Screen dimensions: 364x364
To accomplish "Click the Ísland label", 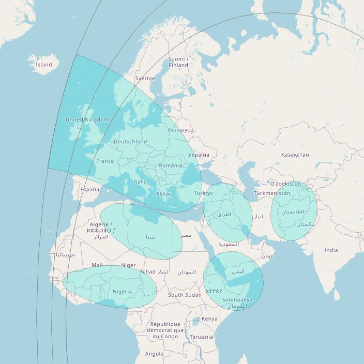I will pyautogui.click(x=44, y=65).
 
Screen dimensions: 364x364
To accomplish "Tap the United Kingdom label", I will pyautogui.click(x=87, y=119).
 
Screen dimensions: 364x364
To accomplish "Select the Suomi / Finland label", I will pyautogui.click(x=178, y=63).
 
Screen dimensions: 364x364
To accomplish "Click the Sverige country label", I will pyautogui.click(x=145, y=79).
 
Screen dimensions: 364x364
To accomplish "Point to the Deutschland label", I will pyautogui.click(x=130, y=142).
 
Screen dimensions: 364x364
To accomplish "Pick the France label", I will pyautogui.click(x=105, y=161).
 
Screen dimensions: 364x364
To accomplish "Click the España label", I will pyautogui.click(x=89, y=190).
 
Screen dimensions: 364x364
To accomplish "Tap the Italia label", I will pyautogui.click(x=140, y=182).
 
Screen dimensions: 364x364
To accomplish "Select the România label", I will pyautogui.click(x=171, y=165).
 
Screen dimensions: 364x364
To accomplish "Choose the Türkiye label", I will pyautogui.click(x=203, y=193).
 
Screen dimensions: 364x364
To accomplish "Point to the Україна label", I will pyautogui.click(x=199, y=155).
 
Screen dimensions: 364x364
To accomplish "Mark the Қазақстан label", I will pyautogui.click(x=295, y=155).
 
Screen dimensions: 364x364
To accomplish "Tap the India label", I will pyautogui.click(x=331, y=250).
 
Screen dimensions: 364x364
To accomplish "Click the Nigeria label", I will pyautogui.click(x=122, y=292).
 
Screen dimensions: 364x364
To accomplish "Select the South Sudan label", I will pyautogui.click(x=185, y=295).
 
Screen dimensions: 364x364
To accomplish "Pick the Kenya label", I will pyautogui.click(x=209, y=319).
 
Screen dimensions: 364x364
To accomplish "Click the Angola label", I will pyautogui.click(x=154, y=354).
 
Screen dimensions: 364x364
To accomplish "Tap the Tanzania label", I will pyautogui.click(x=201, y=337).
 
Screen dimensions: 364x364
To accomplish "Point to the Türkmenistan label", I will pyautogui.click(x=272, y=193).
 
